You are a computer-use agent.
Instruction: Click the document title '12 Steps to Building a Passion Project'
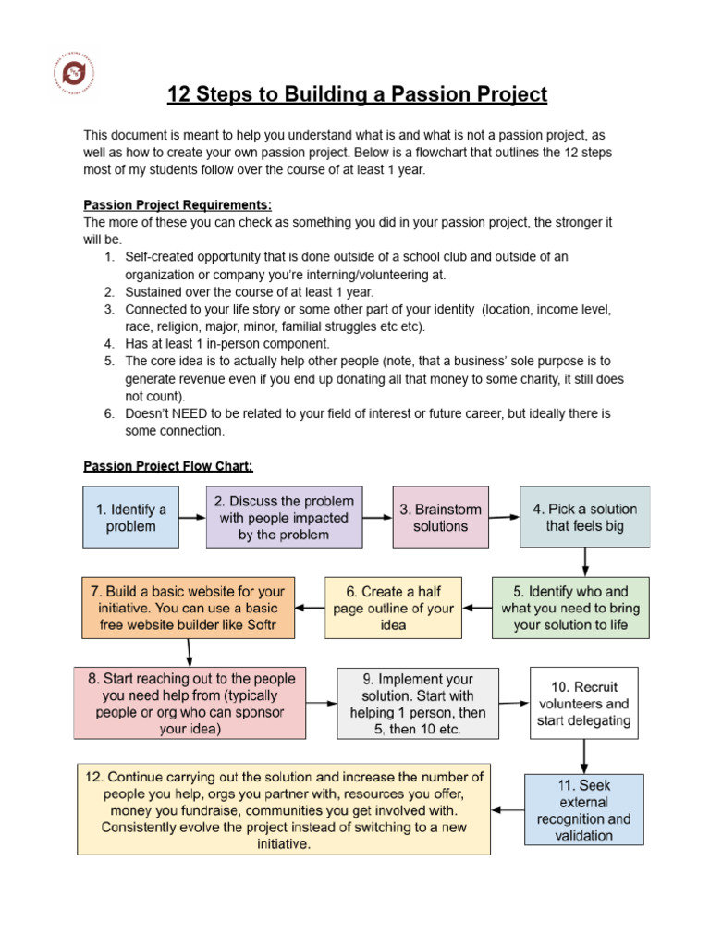[x=357, y=94]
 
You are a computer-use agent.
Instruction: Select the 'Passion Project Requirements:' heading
[x=177, y=204]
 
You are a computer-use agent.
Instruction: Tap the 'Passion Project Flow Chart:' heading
[x=168, y=466]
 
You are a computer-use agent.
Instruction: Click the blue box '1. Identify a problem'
[x=130, y=517]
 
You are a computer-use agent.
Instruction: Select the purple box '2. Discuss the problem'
[x=284, y=517]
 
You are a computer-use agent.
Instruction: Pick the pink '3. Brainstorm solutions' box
[x=441, y=517]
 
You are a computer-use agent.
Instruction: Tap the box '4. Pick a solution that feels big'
[x=584, y=517]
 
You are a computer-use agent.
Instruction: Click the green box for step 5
[x=570, y=608]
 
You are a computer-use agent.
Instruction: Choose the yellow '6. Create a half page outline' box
[x=393, y=608]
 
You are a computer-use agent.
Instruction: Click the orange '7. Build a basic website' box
[x=188, y=608]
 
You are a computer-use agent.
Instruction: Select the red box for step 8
[x=190, y=703]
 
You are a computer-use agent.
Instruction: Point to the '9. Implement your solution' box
[x=418, y=703]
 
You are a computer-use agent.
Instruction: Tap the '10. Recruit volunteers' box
[x=583, y=703]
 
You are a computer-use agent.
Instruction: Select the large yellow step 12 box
[x=284, y=808]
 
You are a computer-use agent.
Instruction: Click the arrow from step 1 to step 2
[x=192, y=517]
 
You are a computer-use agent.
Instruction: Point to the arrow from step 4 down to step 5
[x=585, y=562]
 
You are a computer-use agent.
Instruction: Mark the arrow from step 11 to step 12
[x=508, y=809]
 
